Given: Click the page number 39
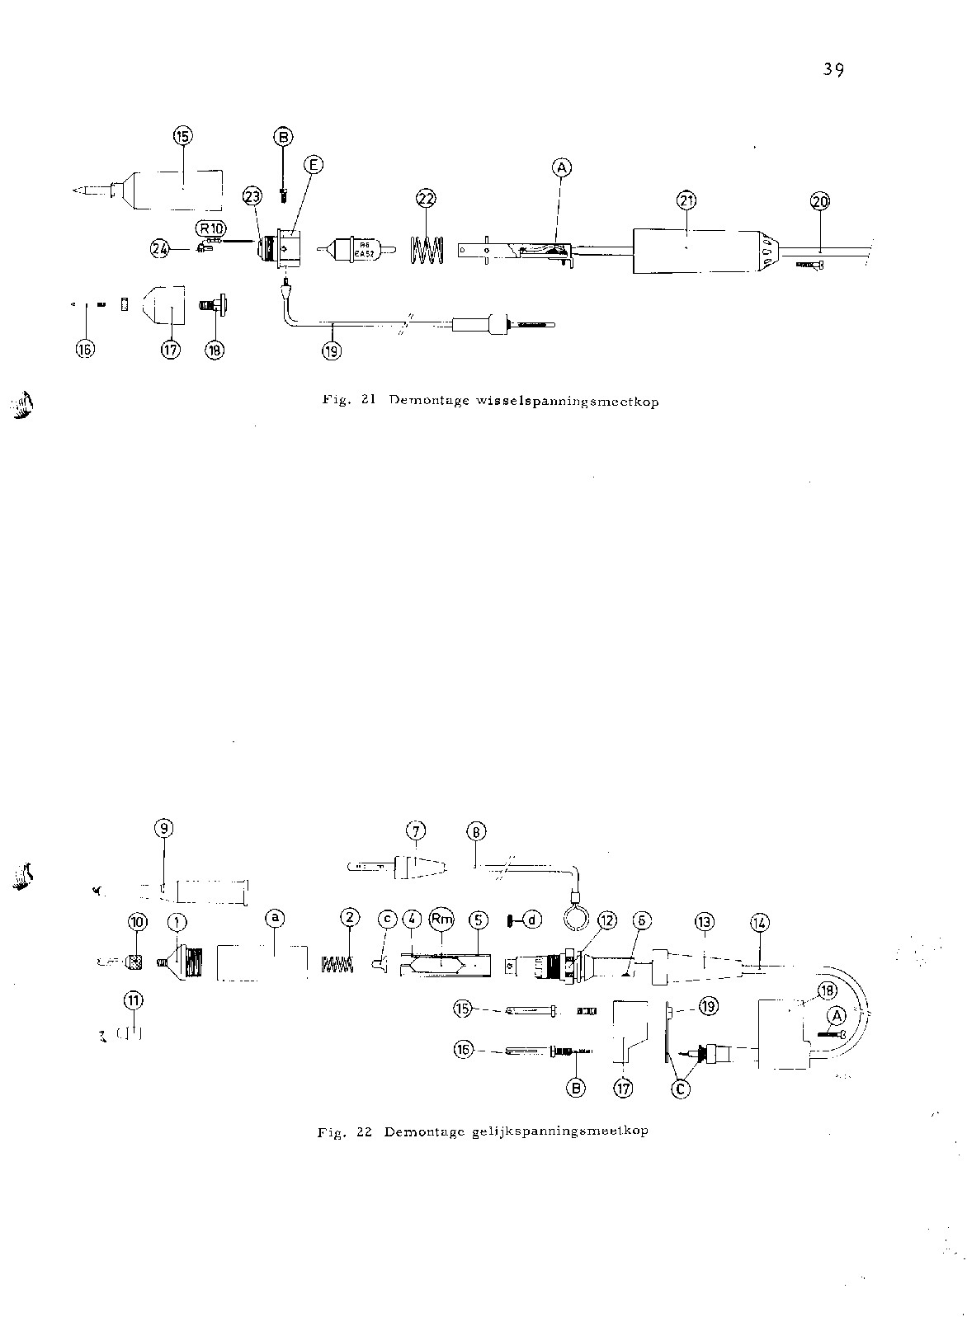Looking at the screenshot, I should (x=833, y=70).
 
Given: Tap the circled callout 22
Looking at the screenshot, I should (x=427, y=199).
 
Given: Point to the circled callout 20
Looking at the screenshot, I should (x=820, y=200).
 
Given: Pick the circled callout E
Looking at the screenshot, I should (x=313, y=164).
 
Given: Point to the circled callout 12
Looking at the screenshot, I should (x=606, y=920).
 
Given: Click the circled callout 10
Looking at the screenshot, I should (x=137, y=921).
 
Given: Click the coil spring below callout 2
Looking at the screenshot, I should (x=337, y=962).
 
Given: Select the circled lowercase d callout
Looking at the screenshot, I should (x=533, y=919).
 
